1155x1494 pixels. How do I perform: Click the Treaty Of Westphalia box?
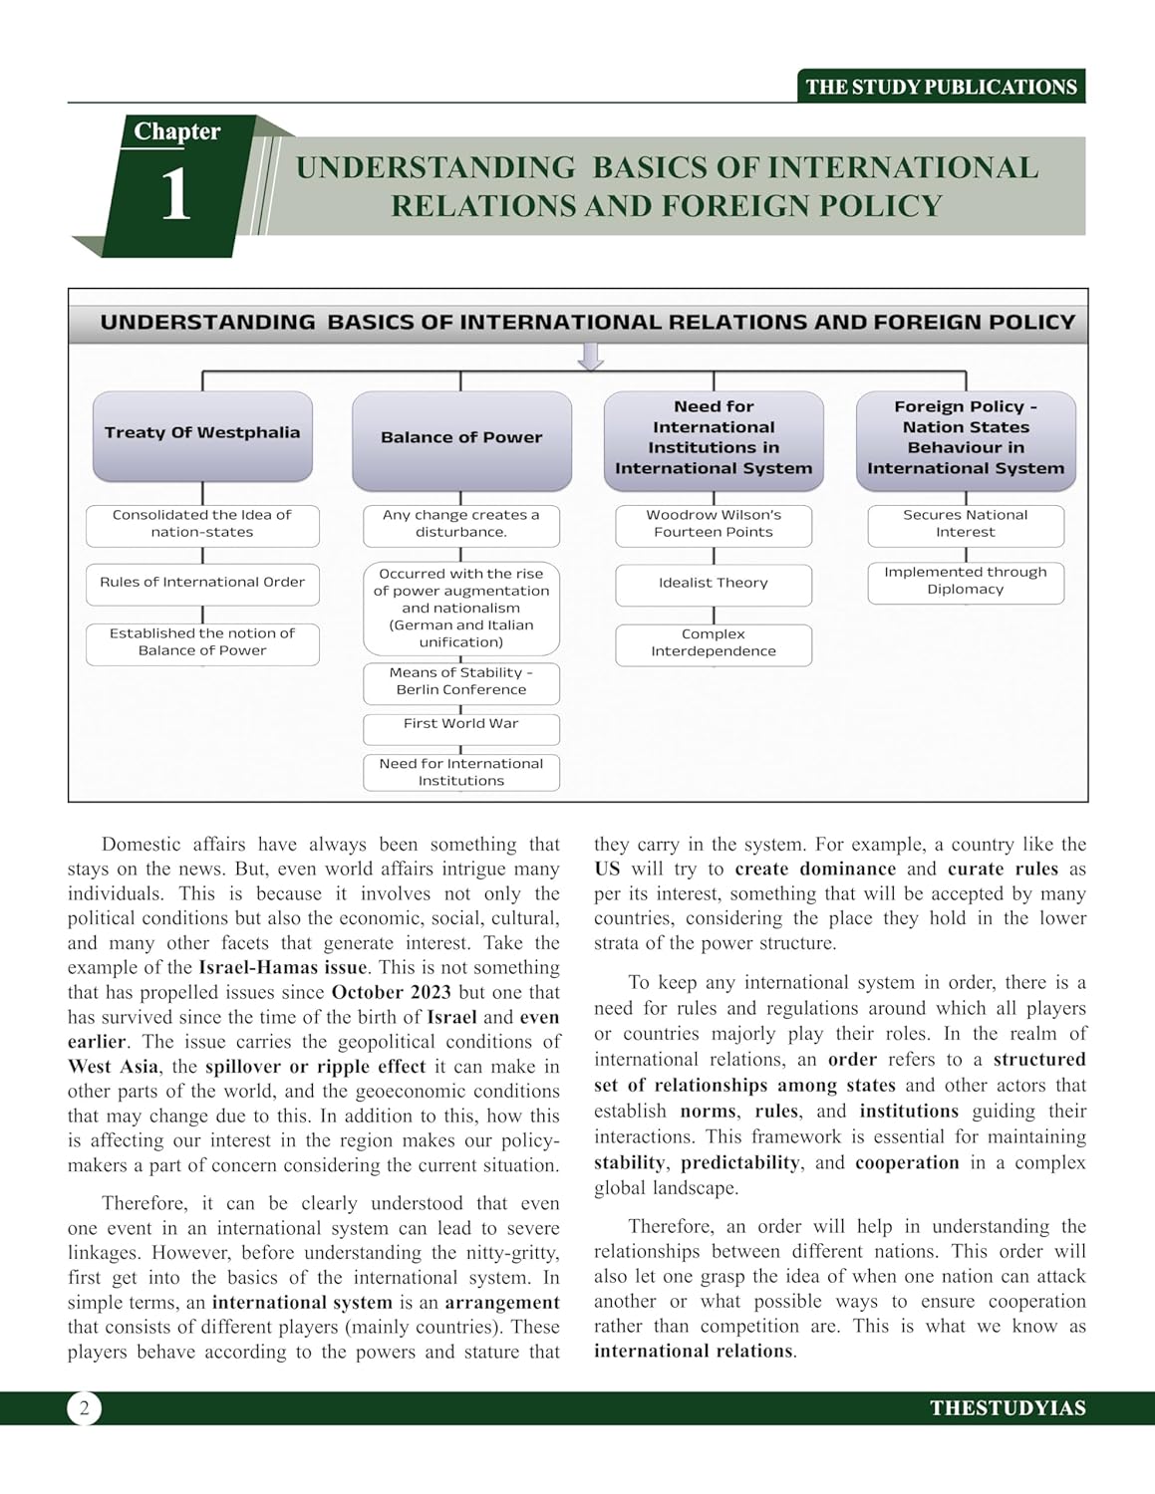coord(202,434)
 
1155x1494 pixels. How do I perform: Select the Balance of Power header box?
coord(461,438)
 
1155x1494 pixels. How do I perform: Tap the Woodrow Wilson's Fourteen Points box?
coord(714,524)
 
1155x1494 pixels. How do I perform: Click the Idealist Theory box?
coord(714,584)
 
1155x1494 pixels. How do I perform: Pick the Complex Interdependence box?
coord(714,643)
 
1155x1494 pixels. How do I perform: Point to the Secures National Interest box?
coord(965,524)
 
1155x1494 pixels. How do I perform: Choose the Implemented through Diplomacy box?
coord(965,582)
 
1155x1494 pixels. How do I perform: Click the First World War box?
coord(461,725)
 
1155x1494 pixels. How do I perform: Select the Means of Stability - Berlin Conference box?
coord(461,682)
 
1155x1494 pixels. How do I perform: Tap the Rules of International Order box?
coord(202,583)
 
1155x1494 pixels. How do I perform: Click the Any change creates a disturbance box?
coord(461,524)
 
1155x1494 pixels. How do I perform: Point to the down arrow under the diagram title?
coord(591,357)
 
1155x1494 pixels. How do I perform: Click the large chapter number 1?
coord(175,195)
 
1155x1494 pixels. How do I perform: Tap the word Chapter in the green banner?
coord(177,131)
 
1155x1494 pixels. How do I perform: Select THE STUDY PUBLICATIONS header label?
coord(941,87)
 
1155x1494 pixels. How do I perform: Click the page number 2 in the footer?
coord(85,1408)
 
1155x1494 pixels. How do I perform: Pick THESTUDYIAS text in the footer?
coord(1008,1408)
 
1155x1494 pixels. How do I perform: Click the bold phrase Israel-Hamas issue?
coord(283,968)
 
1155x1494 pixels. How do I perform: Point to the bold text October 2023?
coord(391,993)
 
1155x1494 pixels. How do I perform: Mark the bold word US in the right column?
coord(607,870)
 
